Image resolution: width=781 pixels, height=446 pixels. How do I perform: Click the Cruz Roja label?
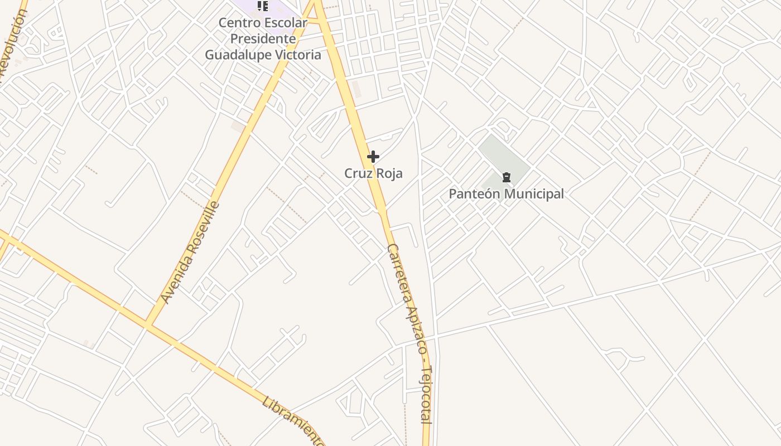coord(373,173)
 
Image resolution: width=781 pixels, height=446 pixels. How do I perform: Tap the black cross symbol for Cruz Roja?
coord(373,157)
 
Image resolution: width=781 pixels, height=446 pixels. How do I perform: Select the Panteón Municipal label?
coord(506,194)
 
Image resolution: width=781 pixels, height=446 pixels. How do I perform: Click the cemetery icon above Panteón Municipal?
coord(506,177)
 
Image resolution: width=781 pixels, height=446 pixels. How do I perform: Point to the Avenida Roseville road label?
coord(190,253)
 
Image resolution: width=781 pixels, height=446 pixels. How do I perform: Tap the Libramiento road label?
coord(293,421)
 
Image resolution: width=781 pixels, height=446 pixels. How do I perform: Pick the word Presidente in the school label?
coord(263,39)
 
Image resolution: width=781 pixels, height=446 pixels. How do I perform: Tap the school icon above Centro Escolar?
coord(263,6)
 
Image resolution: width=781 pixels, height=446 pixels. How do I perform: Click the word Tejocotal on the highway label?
coord(427,395)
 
